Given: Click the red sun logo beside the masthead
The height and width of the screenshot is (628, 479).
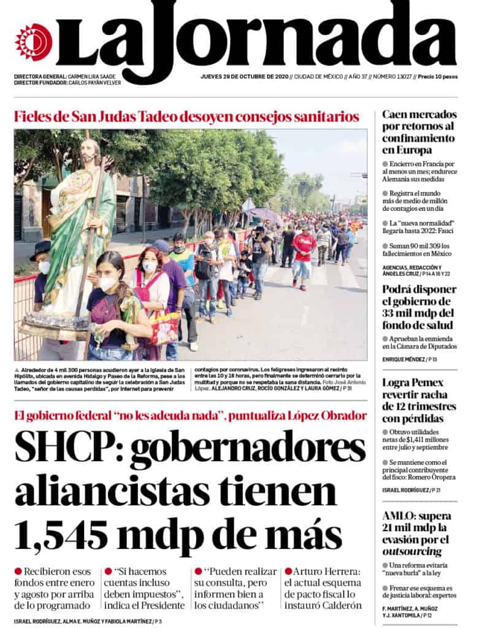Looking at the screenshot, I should point(33,42).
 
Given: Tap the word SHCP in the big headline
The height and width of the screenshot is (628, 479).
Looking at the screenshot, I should point(64,449).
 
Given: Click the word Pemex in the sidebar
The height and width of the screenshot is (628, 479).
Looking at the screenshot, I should point(427,383).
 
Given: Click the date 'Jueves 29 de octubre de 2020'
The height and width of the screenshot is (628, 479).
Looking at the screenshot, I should point(245,77).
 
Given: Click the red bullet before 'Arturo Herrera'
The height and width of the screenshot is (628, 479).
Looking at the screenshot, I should point(288,571).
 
